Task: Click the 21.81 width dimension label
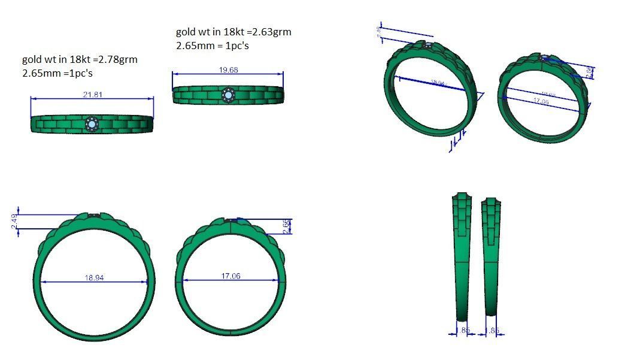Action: tap(92, 95)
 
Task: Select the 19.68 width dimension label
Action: tap(228, 70)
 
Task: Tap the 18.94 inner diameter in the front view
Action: tap(95, 278)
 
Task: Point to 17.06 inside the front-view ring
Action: tap(230, 276)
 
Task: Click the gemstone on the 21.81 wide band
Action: tap(92, 124)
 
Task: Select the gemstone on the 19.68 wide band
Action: tap(228, 95)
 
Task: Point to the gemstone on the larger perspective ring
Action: tap(427, 44)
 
